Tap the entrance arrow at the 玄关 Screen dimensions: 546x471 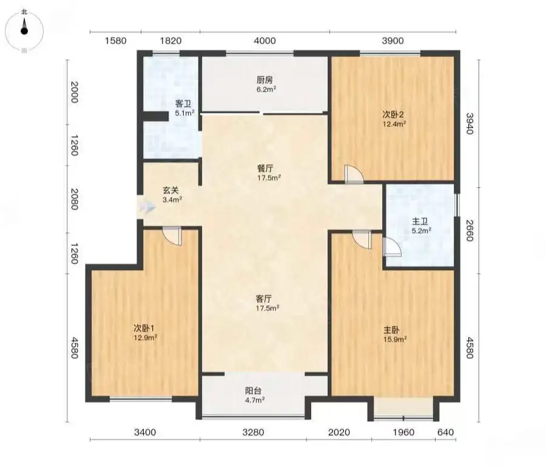[x=146, y=208]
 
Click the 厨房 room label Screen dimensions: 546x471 [x=265, y=80]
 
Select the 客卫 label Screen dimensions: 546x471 [x=183, y=104]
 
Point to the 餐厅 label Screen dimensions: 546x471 [x=265, y=169]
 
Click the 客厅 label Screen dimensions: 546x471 [x=264, y=299]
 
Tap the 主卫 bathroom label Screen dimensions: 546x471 [x=420, y=221]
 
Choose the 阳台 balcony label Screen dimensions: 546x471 [x=253, y=391]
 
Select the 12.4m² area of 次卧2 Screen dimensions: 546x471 [x=394, y=124]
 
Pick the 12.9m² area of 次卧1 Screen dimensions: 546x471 [x=146, y=337]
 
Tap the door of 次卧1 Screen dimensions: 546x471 [x=172, y=237]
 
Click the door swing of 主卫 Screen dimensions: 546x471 [x=392, y=248]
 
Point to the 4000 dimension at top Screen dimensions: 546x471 [x=265, y=41]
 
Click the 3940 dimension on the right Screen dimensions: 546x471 [x=470, y=123]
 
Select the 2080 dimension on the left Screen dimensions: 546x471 [x=75, y=199]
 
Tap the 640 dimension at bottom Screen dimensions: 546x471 [x=445, y=432]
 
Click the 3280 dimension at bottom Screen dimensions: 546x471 [x=253, y=432]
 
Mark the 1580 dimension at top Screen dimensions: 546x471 [x=116, y=41]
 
